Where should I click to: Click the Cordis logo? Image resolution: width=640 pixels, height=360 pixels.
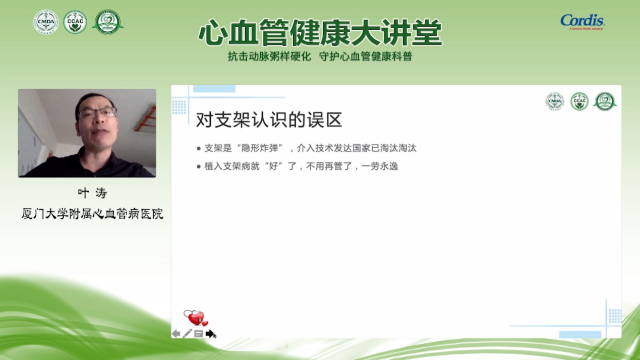tap(582, 22)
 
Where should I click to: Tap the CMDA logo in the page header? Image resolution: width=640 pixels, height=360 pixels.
tap(46, 22)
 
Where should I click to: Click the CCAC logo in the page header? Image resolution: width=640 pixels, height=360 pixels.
tap(75, 22)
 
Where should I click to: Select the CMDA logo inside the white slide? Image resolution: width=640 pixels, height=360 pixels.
tap(555, 101)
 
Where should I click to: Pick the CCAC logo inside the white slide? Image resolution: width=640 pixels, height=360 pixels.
tap(579, 101)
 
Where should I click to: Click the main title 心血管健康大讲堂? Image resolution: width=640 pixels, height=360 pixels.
tap(320, 33)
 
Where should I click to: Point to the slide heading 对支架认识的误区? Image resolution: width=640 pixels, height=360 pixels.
tap(269, 119)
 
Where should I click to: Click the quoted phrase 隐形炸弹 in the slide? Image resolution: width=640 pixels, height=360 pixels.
tap(260, 148)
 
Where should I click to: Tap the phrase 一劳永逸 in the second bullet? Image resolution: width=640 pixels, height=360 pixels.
tap(380, 166)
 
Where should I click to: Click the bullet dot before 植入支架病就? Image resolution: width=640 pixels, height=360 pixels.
tap(199, 166)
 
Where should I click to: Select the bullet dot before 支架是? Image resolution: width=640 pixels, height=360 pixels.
tap(199, 149)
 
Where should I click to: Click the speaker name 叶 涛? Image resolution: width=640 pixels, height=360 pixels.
tap(92, 193)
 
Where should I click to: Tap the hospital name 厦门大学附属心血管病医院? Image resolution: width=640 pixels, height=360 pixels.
tap(92, 214)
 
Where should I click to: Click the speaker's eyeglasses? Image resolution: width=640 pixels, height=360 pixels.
tap(97, 113)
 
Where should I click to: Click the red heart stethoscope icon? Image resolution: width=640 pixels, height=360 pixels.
tap(196, 318)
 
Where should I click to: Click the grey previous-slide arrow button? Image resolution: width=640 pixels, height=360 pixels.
tap(176, 333)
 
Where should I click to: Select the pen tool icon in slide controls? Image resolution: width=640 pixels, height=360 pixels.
tap(187, 333)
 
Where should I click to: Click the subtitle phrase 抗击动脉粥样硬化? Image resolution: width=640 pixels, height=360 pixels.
tap(269, 56)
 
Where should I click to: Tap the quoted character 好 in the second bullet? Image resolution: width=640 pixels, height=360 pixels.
tap(274, 166)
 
